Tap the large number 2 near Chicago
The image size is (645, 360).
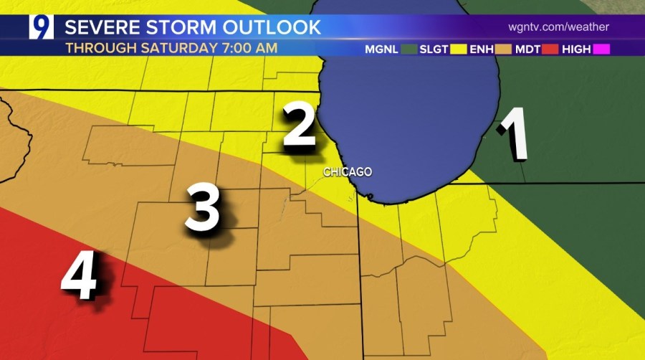(x=300, y=127)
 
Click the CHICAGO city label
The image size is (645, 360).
(x=348, y=172)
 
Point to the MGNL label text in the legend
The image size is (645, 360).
(x=381, y=49)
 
